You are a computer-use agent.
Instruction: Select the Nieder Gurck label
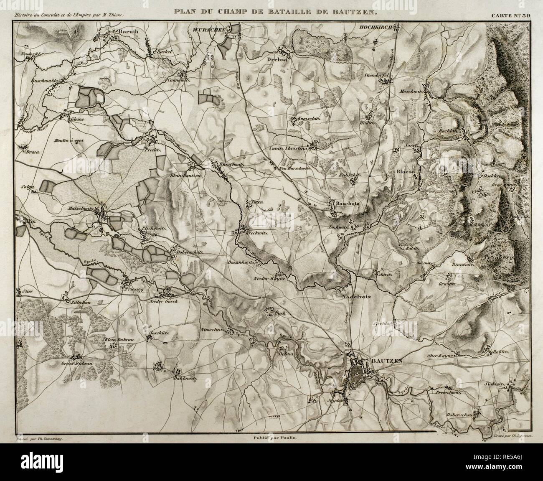[x=164, y=301]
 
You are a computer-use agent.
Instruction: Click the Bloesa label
[x=405, y=172]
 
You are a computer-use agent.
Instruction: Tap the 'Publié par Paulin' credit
[x=271, y=427]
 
